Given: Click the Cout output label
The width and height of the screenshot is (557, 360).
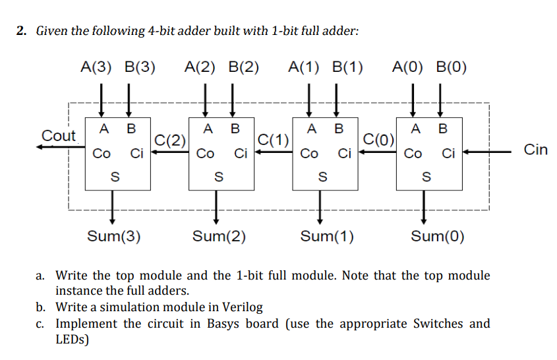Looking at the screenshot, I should [59, 136].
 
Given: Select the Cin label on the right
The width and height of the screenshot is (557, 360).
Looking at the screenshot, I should [535, 150].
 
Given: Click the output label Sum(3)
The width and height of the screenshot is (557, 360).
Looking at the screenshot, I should [114, 236].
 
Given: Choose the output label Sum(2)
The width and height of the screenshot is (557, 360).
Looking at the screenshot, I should [219, 236].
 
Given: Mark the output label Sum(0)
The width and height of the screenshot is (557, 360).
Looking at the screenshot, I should [437, 236].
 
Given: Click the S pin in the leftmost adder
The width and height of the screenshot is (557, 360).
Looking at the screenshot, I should [114, 176].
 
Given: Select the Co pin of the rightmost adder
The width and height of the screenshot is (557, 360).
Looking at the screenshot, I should [413, 154].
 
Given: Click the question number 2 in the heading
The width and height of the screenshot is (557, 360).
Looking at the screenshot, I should [21, 31].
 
